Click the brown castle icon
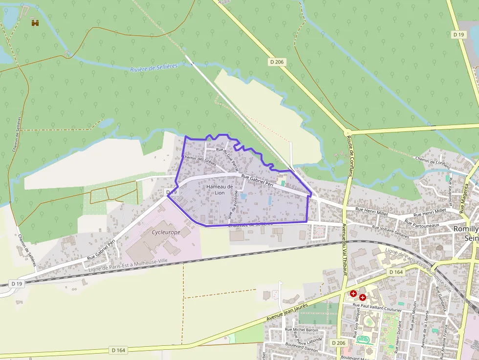click(35, 22)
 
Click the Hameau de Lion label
click(219, 190)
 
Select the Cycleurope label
click(166, 232)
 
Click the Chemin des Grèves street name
click(199, 160)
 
